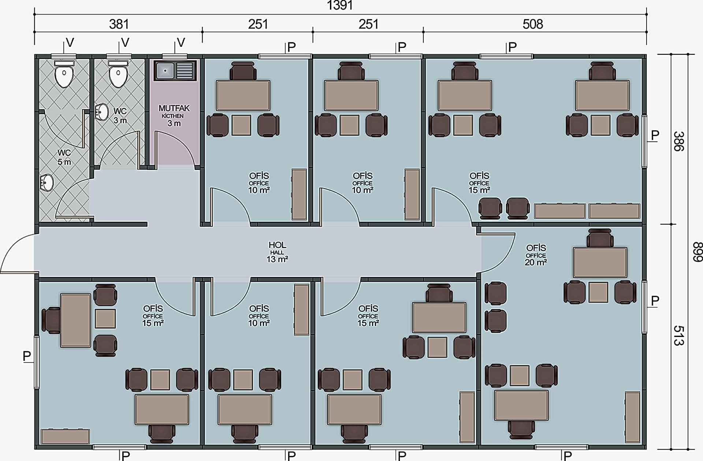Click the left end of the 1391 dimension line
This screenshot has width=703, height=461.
click(34, 14)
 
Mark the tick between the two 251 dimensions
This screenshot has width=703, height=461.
click(313, 32)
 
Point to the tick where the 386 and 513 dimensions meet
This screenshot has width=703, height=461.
click(671, 224)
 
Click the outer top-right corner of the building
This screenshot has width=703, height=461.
click(647, 55)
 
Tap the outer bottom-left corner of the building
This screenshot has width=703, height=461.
click(35, 449)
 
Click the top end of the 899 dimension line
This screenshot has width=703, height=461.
click(688, 55)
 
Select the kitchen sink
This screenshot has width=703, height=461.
click(175, 70)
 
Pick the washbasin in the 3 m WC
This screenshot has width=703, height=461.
click(101, 112)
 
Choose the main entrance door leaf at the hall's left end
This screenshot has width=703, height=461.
click(19, 273)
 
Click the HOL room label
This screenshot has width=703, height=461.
click(277, 245)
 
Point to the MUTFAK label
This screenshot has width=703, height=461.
click(174, 108)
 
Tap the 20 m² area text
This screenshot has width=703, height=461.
click(536, 262)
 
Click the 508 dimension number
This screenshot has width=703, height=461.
click(533, 24)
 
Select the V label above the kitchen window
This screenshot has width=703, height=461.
click(181, 43)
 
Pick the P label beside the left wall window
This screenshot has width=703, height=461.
click(27, 356)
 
